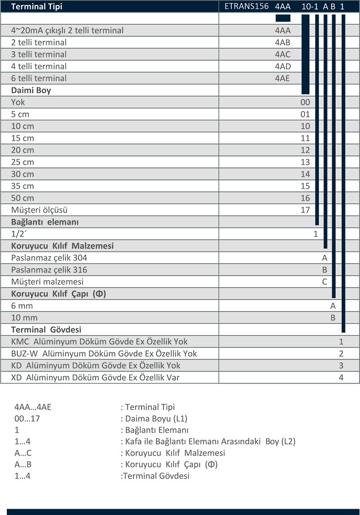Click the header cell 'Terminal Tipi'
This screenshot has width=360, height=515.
(36, 7)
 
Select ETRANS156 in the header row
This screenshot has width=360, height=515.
(246, 6)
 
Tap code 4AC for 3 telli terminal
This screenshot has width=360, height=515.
(283, 54)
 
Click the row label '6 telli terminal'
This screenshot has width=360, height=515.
(39, 78)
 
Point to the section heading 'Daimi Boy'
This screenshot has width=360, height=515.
(31, 90)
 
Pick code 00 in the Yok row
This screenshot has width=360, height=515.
(305, 102)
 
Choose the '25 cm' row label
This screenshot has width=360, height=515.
(22, 162)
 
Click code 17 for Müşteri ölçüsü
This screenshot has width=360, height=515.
(305, 210)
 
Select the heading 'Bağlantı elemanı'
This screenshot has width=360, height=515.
(45, 222)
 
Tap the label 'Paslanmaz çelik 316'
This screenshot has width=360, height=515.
(49, 270)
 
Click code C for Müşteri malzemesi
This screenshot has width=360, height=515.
(324, 282)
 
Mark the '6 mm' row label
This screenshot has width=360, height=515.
(22, 306)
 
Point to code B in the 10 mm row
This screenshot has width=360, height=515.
(333, 318)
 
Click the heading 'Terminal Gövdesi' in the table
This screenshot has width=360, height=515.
(46, 329)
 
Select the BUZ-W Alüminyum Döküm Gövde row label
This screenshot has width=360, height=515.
(104, 354)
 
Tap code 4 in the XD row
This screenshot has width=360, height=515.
(341, 377)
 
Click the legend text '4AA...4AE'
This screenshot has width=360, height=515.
(33, 407)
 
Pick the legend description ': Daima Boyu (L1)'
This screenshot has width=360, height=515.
(154, 418)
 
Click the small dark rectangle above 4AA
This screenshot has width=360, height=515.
(283, 18)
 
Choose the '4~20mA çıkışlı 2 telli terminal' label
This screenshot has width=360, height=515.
(67, 31)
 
